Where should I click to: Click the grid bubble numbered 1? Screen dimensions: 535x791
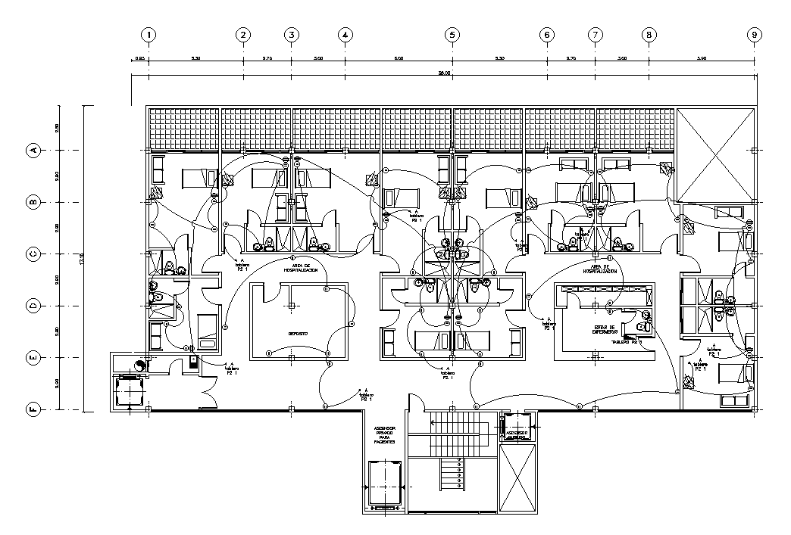[x=149, y=35]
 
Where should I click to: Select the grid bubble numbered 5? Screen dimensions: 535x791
[x=452, y=35]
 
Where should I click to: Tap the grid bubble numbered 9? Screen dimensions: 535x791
[x=754, y=35]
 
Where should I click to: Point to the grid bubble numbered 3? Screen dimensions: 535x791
[x=292, y=35]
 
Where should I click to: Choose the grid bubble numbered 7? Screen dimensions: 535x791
[x=596, y=35]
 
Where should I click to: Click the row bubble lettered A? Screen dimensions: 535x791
[x=33, y=151]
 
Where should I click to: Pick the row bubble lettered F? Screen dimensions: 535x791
[x=33, y=409]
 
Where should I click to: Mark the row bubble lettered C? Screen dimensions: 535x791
[x=33, y=254]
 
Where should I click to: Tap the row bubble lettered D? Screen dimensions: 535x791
[x=33, y=306]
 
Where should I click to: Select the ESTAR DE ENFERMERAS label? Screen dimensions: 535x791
[x=605, y=331]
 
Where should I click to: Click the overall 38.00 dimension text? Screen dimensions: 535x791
[x=444, y=73]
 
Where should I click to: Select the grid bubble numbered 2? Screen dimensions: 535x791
[x=243, y=35]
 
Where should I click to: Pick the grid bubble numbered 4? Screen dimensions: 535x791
[x=345, y=35]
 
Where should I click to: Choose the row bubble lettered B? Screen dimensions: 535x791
[x=33, y=202]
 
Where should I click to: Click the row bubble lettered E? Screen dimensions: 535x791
[x=33, y=357]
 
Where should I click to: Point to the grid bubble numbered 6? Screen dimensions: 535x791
[x=547, y=35]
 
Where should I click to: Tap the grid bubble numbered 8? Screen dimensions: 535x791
[x=649, y=35]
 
